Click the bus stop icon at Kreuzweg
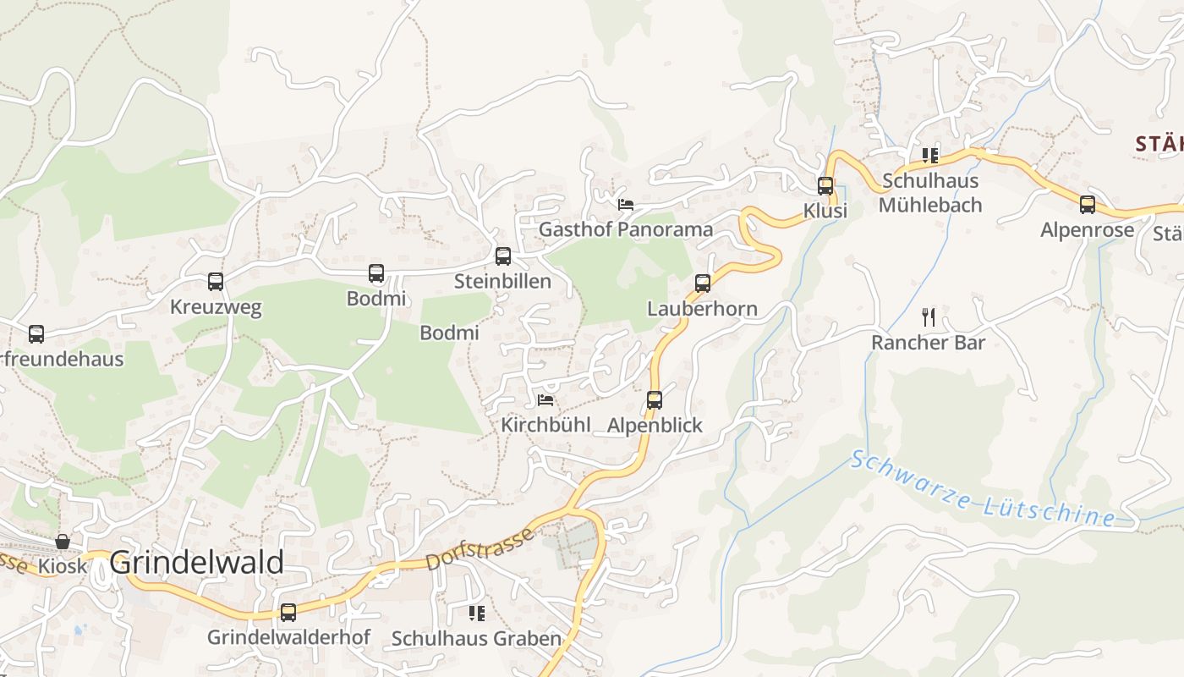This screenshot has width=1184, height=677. coord(216,282)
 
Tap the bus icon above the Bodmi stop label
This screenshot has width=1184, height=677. coord(376,273)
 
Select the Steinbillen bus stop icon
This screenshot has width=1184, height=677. coord(503,256)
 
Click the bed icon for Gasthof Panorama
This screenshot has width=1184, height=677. coord(626,204)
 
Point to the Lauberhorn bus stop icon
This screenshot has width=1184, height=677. coord(703,283)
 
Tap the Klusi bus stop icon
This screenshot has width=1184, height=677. coord(825,185)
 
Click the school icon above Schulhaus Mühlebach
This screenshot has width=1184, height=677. coord(930,156)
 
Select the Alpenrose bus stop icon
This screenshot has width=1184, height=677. coord(1088,205)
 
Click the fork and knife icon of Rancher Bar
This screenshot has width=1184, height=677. coord(929,317)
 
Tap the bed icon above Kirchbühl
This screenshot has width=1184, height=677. coord(545,399)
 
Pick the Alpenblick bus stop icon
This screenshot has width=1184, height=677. coord(655,399)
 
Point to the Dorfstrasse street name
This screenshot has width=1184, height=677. coord(481,548)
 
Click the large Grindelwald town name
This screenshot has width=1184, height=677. coord(197,562)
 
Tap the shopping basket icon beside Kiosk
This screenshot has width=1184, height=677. coord(63,541)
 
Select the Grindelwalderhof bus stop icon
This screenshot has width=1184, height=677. coord(288,612)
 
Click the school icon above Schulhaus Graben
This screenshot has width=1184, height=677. coord(477,613)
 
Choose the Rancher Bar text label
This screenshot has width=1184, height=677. coord(928,343)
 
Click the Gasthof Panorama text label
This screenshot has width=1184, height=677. coord(625,229)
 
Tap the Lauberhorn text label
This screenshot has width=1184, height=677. coord(702,308)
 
